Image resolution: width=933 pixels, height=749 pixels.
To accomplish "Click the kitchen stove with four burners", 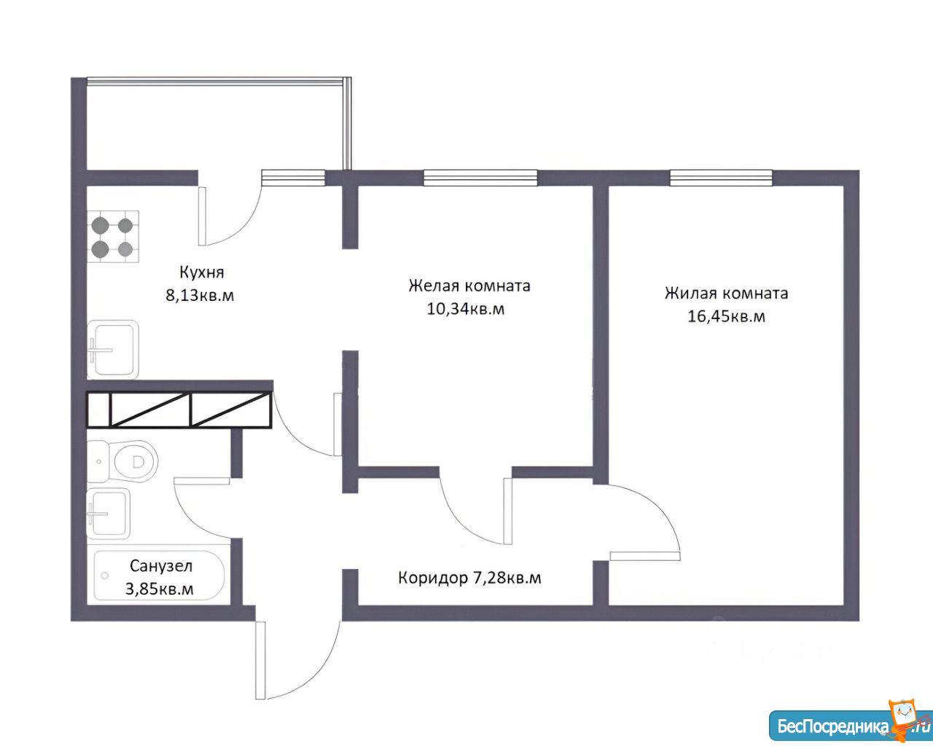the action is (113, 237).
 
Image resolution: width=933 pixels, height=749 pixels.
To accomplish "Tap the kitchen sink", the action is (113, 350).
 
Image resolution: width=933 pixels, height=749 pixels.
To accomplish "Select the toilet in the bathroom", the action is (122, 462).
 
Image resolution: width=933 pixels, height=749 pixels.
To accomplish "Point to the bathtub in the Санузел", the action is (159, 576).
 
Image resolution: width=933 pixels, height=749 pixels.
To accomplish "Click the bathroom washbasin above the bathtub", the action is (109, 514).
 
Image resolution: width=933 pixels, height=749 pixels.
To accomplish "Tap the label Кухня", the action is (202, 273).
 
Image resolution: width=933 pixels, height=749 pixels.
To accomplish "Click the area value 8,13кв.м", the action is (200, 296).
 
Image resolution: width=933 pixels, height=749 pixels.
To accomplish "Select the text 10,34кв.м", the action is (466, 309).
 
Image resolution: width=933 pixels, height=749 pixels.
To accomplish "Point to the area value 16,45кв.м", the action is (726, 316).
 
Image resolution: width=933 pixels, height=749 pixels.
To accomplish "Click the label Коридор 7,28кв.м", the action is (469, 578).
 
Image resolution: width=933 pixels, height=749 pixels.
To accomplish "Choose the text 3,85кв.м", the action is (159, 589).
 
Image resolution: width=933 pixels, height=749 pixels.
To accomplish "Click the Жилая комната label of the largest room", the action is (726, 294).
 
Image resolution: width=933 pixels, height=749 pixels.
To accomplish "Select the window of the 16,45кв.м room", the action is (721, 178).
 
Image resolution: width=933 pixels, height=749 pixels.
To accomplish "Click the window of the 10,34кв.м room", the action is (480, 178).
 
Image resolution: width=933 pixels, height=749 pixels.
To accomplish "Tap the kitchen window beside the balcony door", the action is (293, 178).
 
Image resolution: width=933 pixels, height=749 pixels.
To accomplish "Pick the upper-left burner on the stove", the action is (101, 225).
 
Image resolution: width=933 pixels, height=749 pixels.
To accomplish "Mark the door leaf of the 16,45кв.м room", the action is (645, 556).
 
